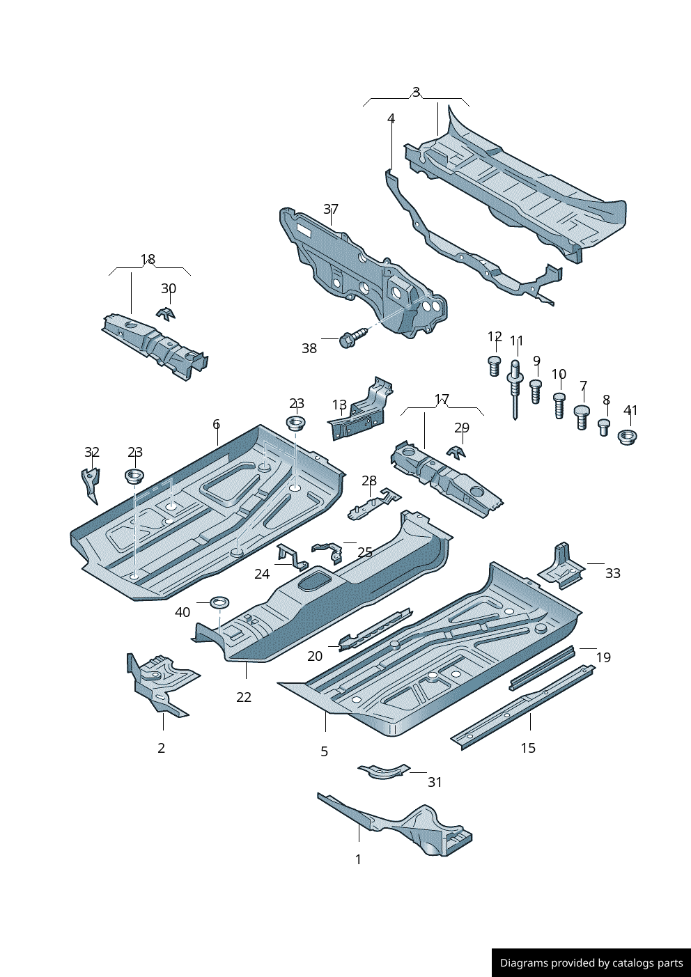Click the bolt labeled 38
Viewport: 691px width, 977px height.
(351, 338)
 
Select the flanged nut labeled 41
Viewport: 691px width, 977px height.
(628, 437)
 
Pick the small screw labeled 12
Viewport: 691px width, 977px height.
(495, 365)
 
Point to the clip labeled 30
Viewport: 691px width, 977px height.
(166, 313)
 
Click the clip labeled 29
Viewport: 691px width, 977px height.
(457, 452)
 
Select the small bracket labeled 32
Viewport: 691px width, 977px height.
(91, 484)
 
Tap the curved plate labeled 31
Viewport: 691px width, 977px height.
(382, 770)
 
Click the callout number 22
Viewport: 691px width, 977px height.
(244, 697)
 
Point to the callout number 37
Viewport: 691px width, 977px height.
(331, 209)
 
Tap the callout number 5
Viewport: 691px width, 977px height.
(324, 751)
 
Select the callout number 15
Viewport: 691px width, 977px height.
(528, 748)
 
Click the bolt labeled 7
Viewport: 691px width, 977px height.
(582, 416)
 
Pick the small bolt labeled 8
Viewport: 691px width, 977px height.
(604, 426)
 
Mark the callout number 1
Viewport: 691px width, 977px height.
(358, 859)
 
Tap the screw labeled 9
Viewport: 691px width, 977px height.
(536, 391)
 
